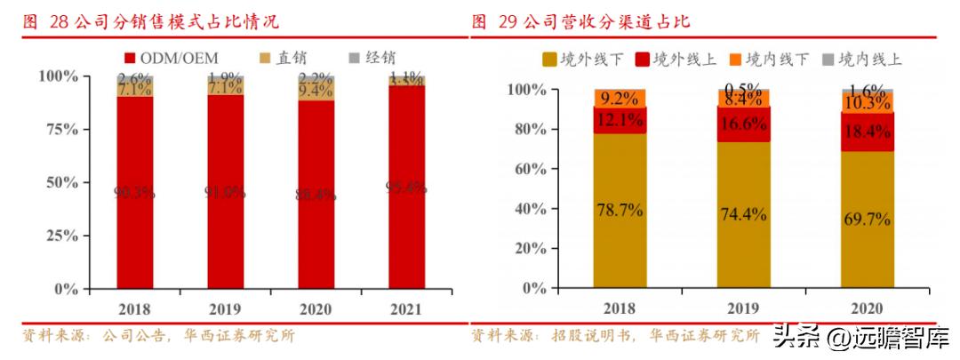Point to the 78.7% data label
[620, 212]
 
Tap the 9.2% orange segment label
[620, 99]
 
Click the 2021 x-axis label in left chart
[404, 308]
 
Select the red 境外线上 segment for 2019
[743, 124]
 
